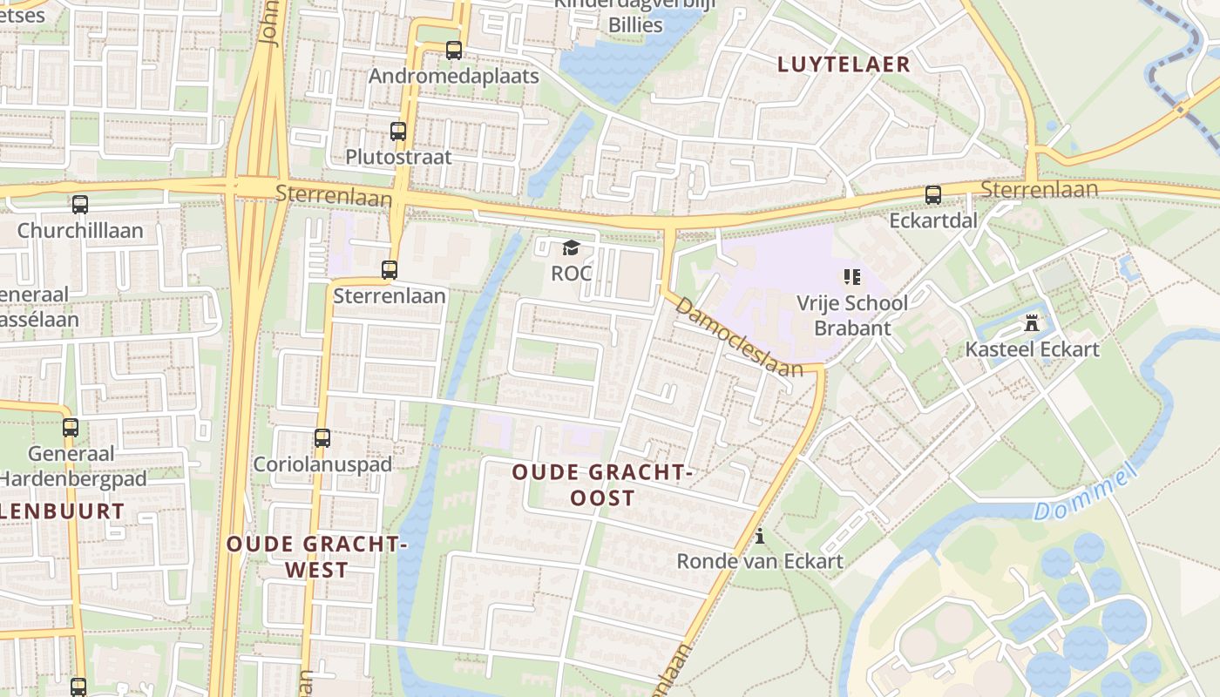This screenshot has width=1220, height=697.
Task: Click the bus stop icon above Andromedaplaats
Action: (x=454, y=51)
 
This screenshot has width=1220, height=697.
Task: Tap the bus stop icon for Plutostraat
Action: (x=398, y=132)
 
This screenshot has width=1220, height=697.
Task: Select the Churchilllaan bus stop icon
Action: (x=80, y=205)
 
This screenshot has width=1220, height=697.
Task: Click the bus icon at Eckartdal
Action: (x=933, y=194)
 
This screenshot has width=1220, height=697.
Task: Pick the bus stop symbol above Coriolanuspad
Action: (x=322, y=438)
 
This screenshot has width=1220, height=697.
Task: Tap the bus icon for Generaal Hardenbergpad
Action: (x=71, y=428)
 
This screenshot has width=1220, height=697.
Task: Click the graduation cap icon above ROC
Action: (x=571, y=249)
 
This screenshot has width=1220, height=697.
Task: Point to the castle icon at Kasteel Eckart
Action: (x=1033, y=324)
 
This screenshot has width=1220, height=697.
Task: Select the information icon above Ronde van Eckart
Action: (x=760, y=535)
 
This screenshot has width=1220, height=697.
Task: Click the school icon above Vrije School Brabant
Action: (x=851, y=278)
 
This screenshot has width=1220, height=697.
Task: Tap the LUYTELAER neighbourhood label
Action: (x=844, y=64)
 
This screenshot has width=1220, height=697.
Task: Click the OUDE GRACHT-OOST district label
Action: (x=602, y=485)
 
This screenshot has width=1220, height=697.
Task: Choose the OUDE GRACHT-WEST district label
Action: (x=317, y=557)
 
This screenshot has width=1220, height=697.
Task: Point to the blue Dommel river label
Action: (x=1086, y=493)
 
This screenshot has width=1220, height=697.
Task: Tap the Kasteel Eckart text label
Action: (x=1032, y=349)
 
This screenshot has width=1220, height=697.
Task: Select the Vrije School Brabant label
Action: (x=851, y=315)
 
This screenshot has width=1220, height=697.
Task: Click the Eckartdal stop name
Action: (x=932, y=220)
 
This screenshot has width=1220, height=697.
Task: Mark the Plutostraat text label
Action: (x=398, y=157)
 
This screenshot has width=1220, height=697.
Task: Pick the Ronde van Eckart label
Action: (x=760, y=560)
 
